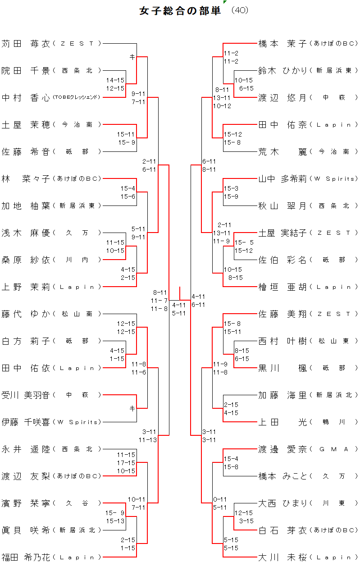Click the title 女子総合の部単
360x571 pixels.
pyautogui.click(x=180, y=11)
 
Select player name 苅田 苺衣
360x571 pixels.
pyautogui.click(x=26, y=44)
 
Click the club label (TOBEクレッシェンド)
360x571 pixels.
pyautogui.click(x=76, y=97)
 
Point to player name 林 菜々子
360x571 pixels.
pyautogui.click(x=26, y=179)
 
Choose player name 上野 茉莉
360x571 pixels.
pyautogui.click(x=26, y=287)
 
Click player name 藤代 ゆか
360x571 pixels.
pyautogui.click(x=26, y=314)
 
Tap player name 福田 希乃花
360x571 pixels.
pyautogui.click(x=26, y=557)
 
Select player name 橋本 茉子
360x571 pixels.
pyautogui.click(x=283, y=44)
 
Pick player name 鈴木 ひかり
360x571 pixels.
pyautogui.click(x=283, y=71)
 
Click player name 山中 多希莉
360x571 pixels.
pyautogui.click(x=283, y=179)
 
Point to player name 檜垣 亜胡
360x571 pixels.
pyautogui.click(x=283, y=287)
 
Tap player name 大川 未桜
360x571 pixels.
pyautogui.click(x=283, y=557)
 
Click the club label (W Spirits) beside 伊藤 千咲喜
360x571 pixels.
pyautogui.click(x=77, y=422)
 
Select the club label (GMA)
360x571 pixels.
pyautogui.click(x=334, y=449)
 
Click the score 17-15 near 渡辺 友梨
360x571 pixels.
pyautogui.click(x=126, y=463)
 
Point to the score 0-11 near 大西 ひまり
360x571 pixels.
pyautogui.click(x=220, y=499)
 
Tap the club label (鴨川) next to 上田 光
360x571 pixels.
pyautogui.click(x=334, y=422)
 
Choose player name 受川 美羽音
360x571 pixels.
pyautogui.click(x=26, y=395)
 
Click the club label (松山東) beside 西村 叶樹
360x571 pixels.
pyautogui.click(x=334, y=341)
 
